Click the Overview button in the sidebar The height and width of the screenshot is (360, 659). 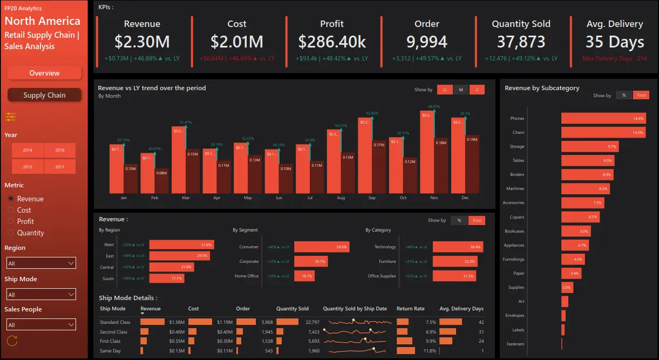click(x=44, y=73)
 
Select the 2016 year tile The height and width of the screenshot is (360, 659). click(x=59, y=151)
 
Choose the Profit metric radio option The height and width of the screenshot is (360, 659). click(x=25, y=221)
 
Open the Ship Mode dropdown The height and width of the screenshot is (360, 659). click(x=41, y=295)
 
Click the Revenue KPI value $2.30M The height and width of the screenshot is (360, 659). click(x=142, y=42)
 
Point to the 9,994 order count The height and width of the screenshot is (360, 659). click(x=426, y=42)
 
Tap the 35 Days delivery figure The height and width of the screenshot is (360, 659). click(x=615, y=42)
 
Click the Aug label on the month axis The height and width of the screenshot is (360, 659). click(x=341, y=198)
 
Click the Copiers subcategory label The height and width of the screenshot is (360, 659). click(x=517, y=217)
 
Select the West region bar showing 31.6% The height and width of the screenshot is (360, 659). click(x=181, y=244)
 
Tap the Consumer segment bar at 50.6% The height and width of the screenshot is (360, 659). click(x=321, y=247)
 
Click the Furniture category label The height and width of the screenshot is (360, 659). click(x=387, y=261)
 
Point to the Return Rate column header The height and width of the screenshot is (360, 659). click(x=410, y=309)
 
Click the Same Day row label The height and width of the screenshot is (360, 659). click(x=111, y=351)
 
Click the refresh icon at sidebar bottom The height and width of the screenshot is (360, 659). click(x=12, y=341)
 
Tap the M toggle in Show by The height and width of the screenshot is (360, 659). click(x=460, y=90)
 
